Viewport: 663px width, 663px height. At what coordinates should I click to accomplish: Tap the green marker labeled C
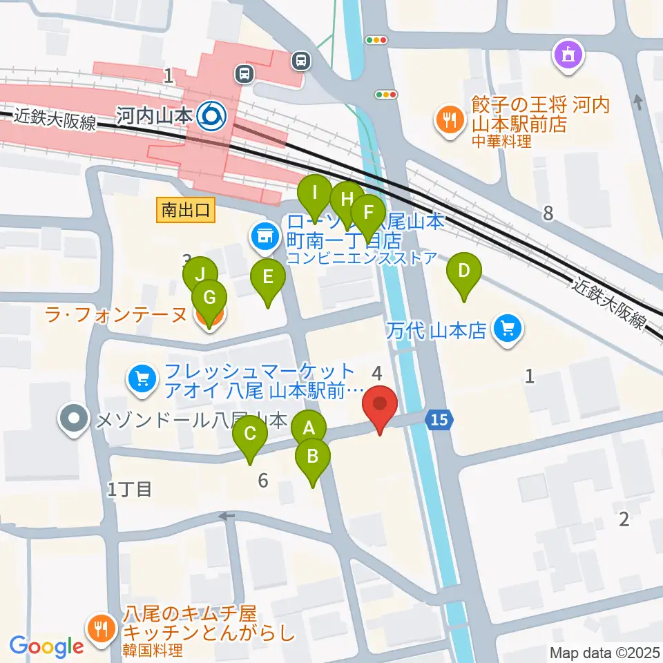(x=250, y=435)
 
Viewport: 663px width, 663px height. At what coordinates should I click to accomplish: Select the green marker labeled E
(x=268, y=278)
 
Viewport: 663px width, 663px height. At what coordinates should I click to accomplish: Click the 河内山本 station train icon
(x=209, y=115)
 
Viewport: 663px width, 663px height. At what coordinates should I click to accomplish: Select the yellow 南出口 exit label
(x=186, y=210)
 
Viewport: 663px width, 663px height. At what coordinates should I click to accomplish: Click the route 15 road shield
(x=439, y=419)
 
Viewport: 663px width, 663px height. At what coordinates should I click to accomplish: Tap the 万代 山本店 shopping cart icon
(x=508, y=328)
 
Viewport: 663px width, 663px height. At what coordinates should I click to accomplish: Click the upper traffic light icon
(x=377, y=41)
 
